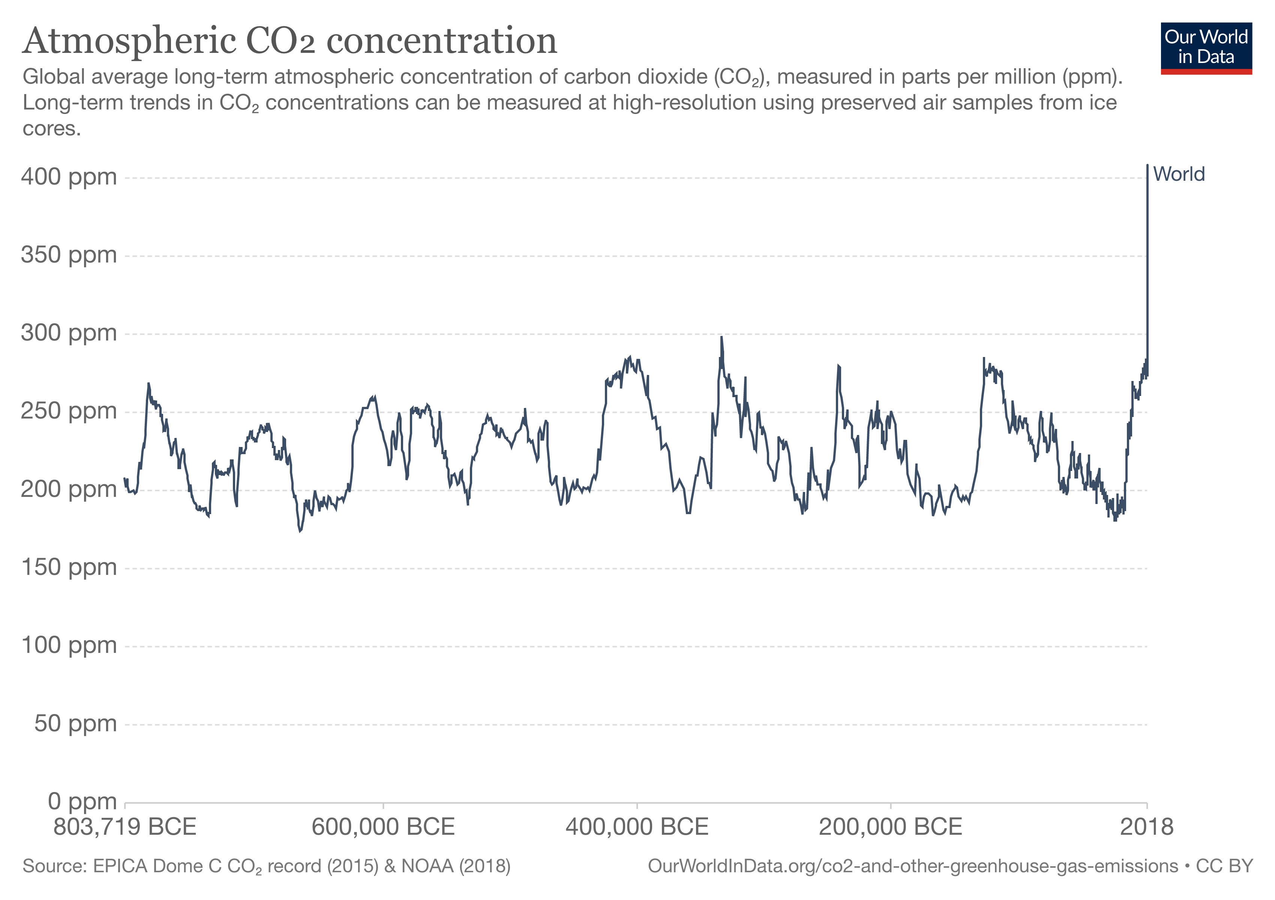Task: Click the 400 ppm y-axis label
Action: point(69,177)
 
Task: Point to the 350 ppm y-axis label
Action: point(69,255)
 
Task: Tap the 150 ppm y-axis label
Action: point(69,567)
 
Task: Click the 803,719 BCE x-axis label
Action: point(125,827)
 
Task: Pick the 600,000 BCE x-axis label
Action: point(383,827)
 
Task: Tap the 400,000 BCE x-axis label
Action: point(637,827)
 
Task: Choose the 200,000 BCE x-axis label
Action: point(890,827)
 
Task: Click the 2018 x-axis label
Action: point(1146,827)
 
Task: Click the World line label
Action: point(1178,174)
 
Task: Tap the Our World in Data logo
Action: point(1206,48)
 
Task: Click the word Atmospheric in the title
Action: point(129,41)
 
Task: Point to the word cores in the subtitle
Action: point(51,129)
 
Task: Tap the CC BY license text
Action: point(1224,867)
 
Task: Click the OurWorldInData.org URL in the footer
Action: point(912,867)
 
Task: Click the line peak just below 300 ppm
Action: point(721,337)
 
